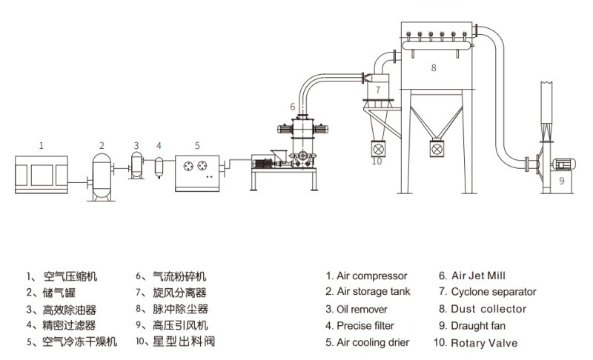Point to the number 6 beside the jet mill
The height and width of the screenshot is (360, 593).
click(293, 107)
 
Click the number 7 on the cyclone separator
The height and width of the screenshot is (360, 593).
click(377, 90)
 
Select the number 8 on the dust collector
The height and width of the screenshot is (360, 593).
click(434, 67)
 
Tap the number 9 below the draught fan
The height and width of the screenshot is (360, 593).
click(561, 180)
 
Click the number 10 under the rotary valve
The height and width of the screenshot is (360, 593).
click(377, 161)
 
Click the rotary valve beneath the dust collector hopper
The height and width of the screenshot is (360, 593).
click(434, 147)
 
